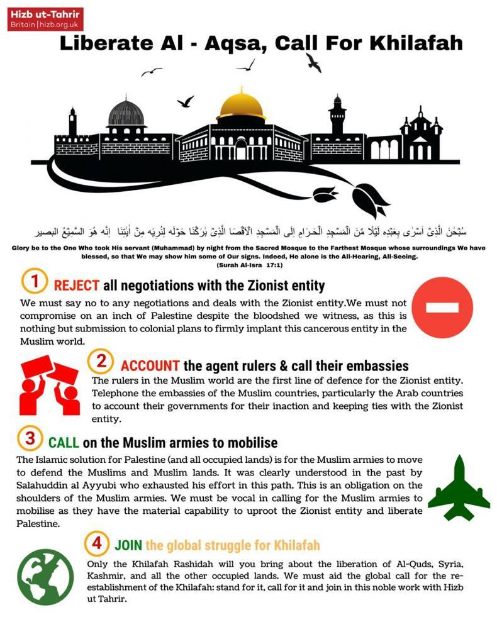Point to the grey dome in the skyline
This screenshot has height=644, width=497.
126,113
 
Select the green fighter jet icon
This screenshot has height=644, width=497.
459,487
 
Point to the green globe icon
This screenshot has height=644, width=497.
45,577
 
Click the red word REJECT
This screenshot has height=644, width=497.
77,286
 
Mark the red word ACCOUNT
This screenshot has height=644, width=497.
150,366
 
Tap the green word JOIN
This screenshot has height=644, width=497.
128,545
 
